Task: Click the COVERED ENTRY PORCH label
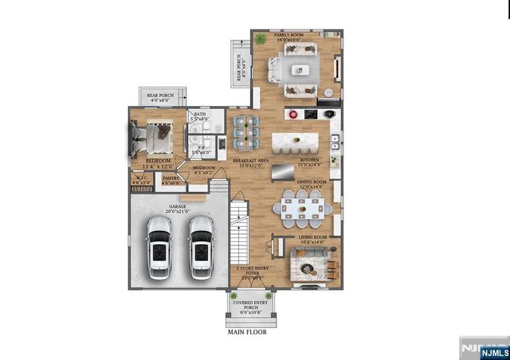[249, 307]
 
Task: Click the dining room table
[303, 209]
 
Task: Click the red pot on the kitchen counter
[292, 114]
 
